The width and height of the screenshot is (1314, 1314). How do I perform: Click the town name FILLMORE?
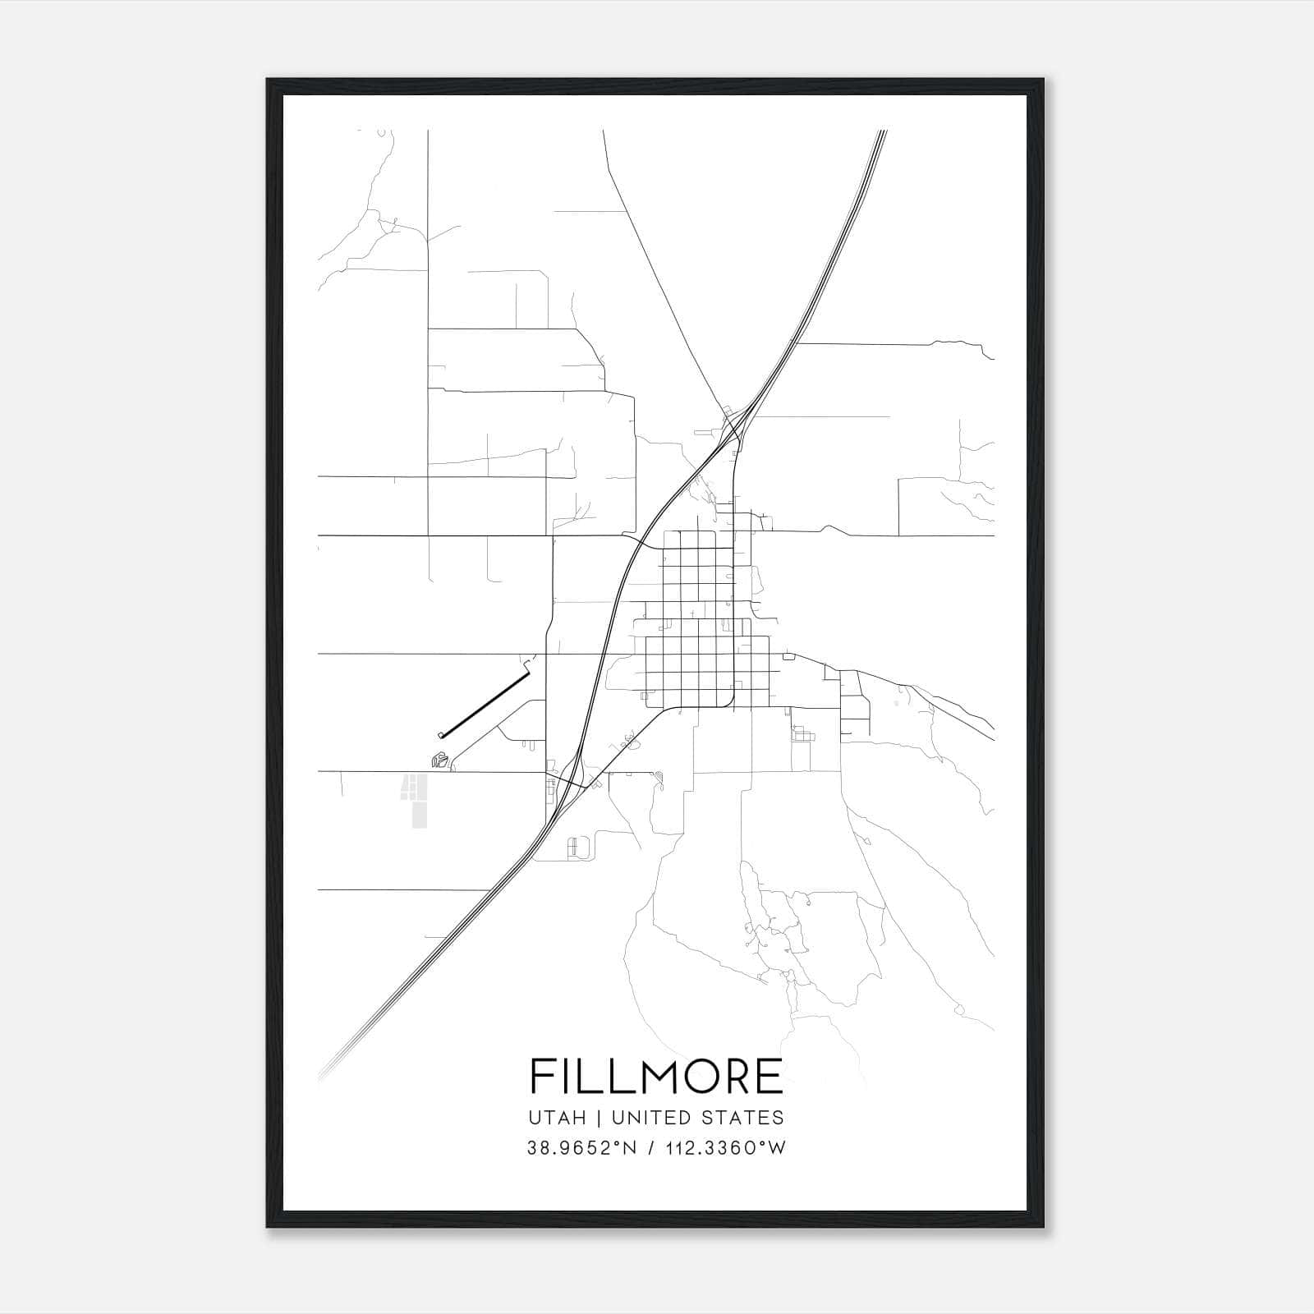pyautogui.click(x=656, y=1076)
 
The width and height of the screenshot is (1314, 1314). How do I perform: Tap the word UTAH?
pyautogui.click(x=558, y=1118)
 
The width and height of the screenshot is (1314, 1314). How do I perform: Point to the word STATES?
pyautogui.click(x=745, y=1118)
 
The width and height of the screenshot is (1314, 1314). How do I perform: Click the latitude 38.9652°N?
pyautogui.click(x=582, y=1148)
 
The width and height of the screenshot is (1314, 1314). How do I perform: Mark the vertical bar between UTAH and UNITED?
pyautogui.click(x=599, y=1118)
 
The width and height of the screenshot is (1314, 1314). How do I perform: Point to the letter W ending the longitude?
pyautogui.click(x=777, y=1148)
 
